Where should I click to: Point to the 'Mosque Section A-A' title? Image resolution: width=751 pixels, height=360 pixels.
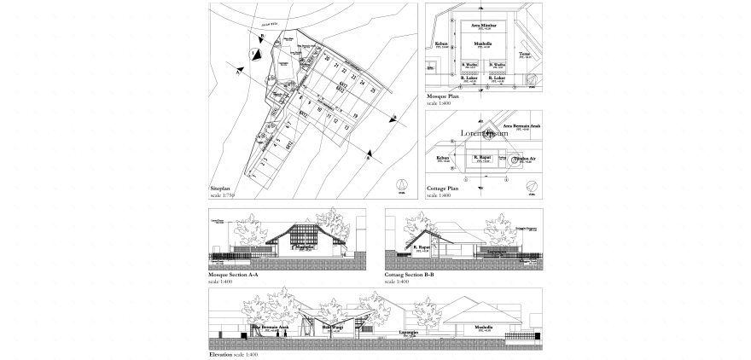coord(233,275)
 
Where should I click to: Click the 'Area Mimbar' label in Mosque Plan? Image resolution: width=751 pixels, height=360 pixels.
coord(483,26)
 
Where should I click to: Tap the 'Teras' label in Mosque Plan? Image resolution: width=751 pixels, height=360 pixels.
coord(524,53)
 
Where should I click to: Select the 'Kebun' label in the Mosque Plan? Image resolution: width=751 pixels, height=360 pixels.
coord(441,43)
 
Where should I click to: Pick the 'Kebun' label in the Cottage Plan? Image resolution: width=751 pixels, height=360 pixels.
coord(442,157)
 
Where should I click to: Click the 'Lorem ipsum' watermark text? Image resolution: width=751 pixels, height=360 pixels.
coord(484,133)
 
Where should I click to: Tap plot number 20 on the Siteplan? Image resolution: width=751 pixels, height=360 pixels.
coord(327,59)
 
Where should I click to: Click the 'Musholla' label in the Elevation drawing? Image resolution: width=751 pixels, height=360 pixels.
coord(483,327)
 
